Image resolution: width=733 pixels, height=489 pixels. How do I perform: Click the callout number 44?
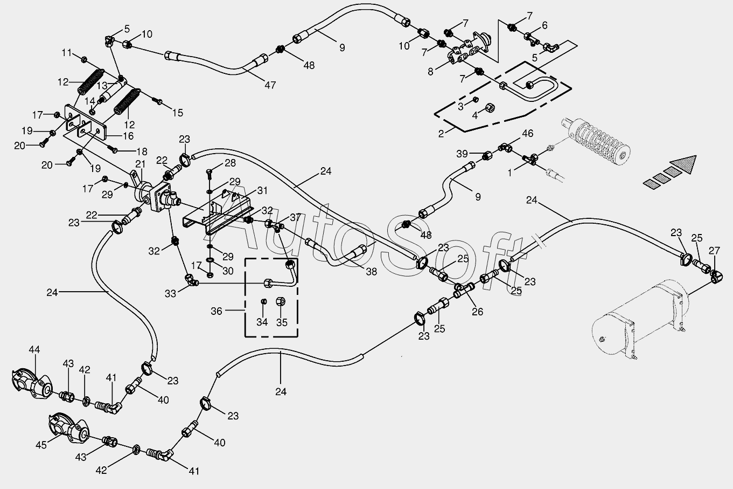[x=34, y=350]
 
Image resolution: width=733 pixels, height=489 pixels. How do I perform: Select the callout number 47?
[x=270, y=86]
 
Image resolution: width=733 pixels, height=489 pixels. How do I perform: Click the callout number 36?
[x=217, y=311]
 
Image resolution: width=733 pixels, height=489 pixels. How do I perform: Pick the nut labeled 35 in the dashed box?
[x=281, y=301]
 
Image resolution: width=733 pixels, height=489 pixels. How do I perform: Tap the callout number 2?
[x=441, y=134]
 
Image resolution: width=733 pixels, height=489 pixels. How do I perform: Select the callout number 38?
[x=372, y=272]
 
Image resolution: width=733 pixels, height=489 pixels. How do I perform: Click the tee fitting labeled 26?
[x=464, y=290]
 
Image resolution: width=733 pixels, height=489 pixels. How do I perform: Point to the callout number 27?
[x=714, y=251]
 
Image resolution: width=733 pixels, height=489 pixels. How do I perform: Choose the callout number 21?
[x=141, y=164]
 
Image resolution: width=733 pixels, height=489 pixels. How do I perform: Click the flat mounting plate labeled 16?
[x=86, y=122]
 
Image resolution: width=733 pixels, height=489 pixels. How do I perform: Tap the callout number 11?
[x=67, y=52]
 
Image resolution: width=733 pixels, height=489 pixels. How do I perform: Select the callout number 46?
[x=527, y=133]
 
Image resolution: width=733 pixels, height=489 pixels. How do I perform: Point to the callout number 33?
[x=170, y=294]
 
